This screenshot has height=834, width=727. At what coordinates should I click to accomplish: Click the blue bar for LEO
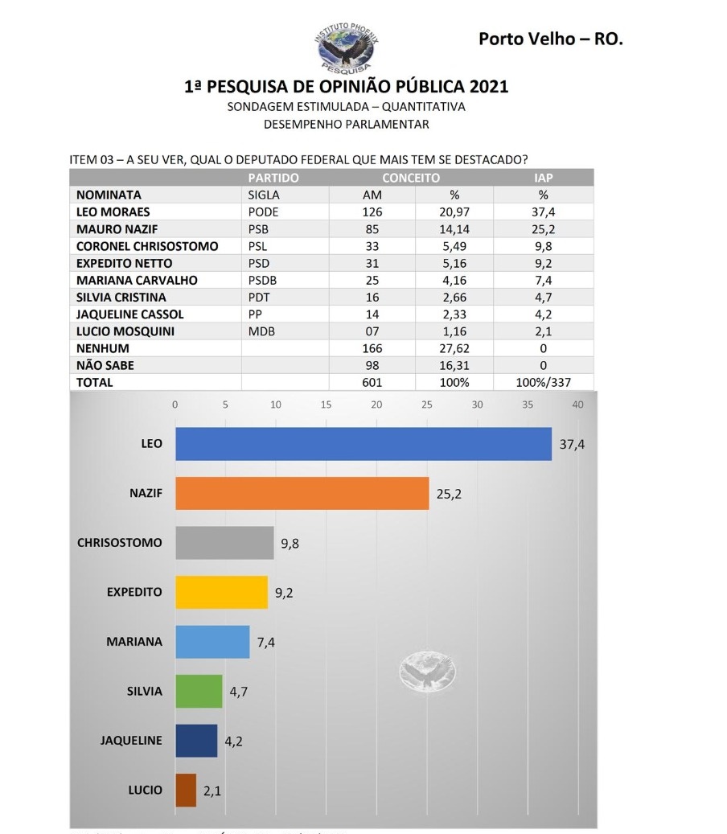tap(363, 444)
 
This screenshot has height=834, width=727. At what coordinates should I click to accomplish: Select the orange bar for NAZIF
tap(302, 493)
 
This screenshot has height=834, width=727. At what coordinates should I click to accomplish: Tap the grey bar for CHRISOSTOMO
tap(224, 543)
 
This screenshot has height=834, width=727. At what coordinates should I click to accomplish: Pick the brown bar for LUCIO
tap(186, 790)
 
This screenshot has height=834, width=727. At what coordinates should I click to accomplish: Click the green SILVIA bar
tap(199, 691)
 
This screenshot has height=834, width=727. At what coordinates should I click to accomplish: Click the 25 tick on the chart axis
tap(427, 405)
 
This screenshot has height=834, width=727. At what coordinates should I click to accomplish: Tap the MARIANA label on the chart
tap(134, 642)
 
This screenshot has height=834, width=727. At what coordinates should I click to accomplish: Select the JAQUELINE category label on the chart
tap(131, 740)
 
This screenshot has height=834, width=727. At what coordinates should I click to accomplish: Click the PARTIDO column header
tap(273, 178)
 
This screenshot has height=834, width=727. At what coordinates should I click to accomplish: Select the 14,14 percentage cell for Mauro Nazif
tap(454, 229)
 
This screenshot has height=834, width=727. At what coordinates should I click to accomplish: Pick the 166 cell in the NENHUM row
tap(372, 348)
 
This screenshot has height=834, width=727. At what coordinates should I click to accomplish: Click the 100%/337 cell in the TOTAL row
tap(543, 383)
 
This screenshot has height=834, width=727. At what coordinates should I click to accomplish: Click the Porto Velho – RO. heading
tap(551, 39)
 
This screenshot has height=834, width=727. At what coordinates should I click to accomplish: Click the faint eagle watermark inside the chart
tap(427, 672)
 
